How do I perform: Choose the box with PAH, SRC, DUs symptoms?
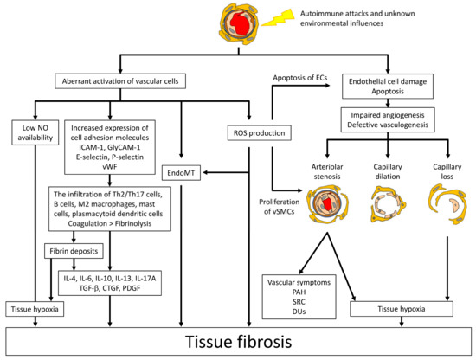(x=299, y=295)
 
